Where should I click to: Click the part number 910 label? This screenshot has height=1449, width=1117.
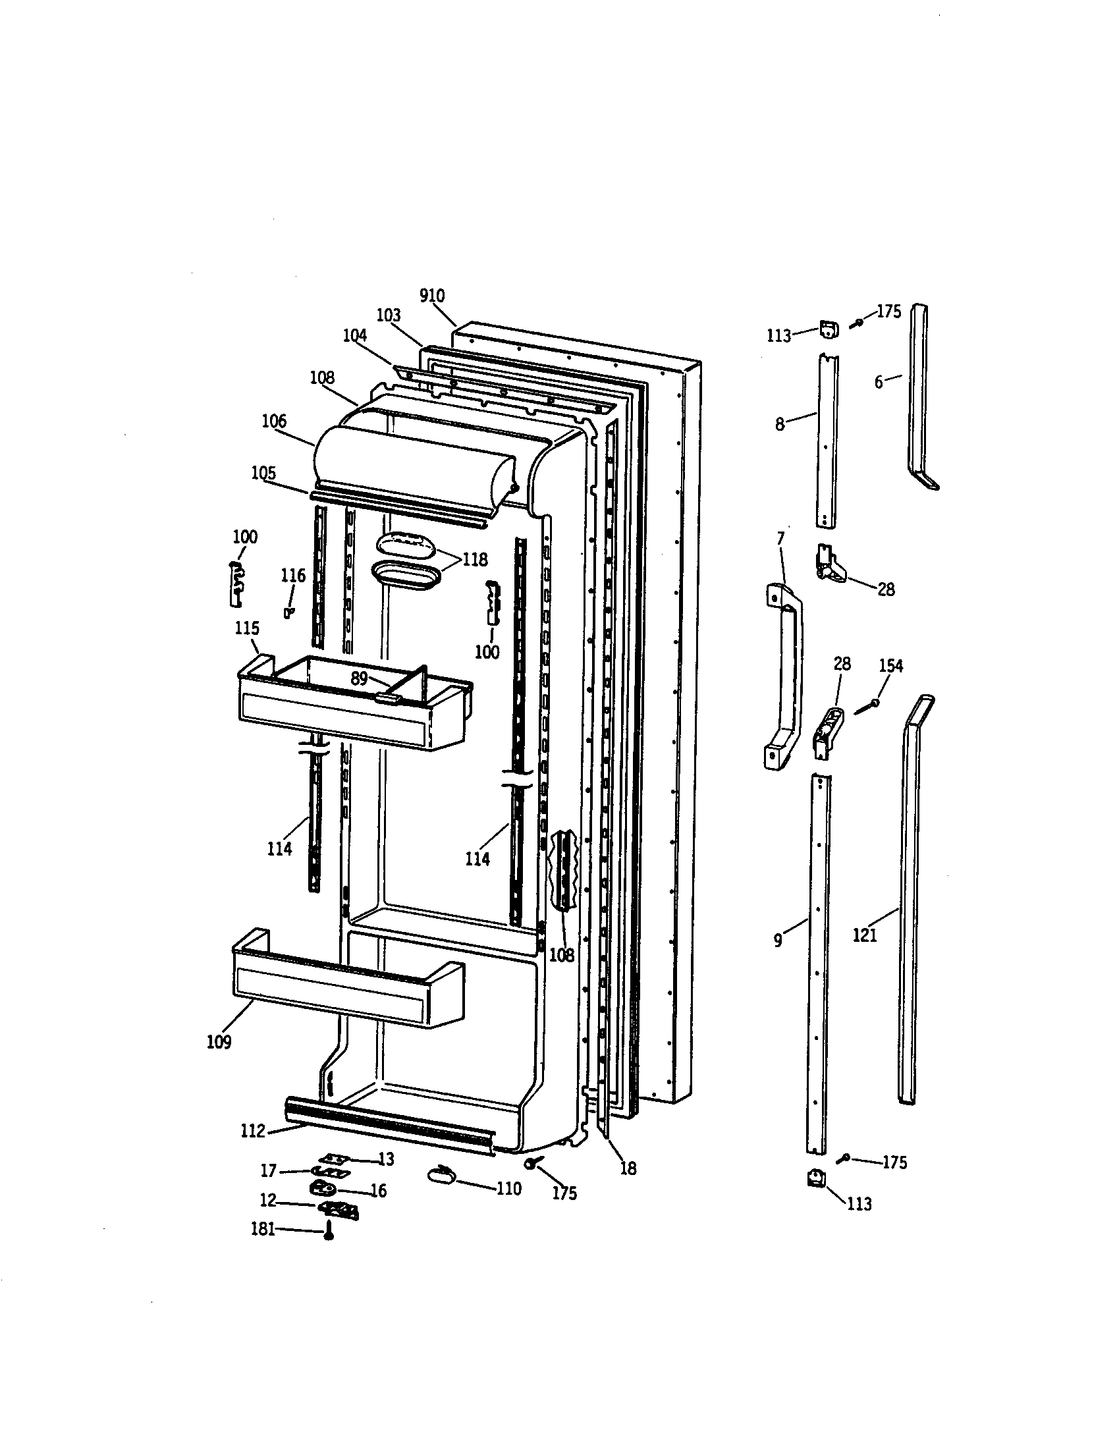pyautogui.click(x=432, y=296)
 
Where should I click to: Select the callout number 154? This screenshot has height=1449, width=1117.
pyautogui.click(x=891, y=665)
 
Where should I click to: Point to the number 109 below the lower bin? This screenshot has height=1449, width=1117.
pyautogui.click(x=219, y=1042)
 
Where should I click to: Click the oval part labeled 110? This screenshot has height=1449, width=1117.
pyautogui.click(x=443, y=1175)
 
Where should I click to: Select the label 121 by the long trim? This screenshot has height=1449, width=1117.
pyautogui.click(x=864, y=935)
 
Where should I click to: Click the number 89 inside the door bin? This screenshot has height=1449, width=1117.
pyautogui.click(x=359, y=678)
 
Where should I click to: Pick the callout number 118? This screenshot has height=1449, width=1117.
pyautogui.click(x=475, y=559)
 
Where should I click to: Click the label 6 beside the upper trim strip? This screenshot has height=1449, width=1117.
pyautogui.click(x=878, y=382)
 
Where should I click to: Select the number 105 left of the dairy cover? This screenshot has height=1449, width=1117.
pyautogui.click(x=263, y=472)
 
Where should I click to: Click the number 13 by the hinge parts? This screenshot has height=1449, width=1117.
pyautogui.click(x=386, y=1159)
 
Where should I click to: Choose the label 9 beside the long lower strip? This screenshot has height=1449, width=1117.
pyautogui.click(x=777, y=940)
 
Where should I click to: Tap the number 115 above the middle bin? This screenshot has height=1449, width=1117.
pyautogui.click(x=247, y=628)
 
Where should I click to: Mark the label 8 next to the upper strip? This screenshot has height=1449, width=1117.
pyautogui.click(x=780, y=424)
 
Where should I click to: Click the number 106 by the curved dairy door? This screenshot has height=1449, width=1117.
pyautogui.click(x=274, y=421)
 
